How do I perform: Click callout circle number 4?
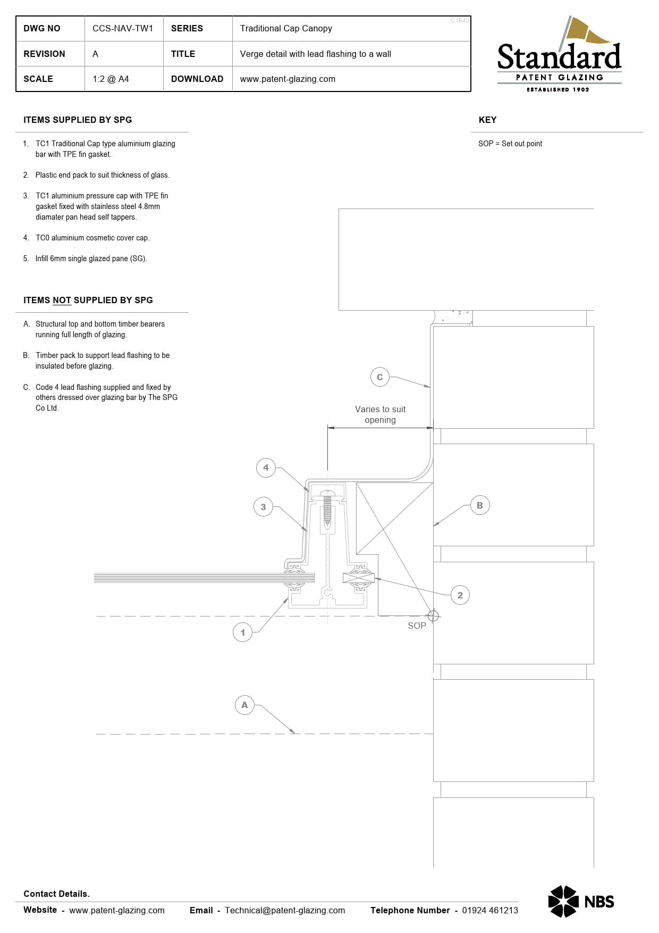coord(266,468)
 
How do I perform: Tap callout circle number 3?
coord(263,507)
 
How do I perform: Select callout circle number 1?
coord(243,632)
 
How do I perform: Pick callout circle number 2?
coord(460,595)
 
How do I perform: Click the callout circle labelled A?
coord(244,705)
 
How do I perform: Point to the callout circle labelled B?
coord(480,505)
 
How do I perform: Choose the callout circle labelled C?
coord(380,377)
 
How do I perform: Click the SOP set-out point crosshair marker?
coord(433,615)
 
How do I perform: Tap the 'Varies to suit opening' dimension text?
coord(380,414)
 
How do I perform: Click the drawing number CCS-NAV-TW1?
coord(123,29)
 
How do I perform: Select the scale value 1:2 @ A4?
coord(111,79)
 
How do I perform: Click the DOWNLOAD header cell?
coord(197,79)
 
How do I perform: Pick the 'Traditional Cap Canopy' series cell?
coord(286,29)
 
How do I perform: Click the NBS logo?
coord(581,901)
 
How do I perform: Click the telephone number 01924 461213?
coord(490,910)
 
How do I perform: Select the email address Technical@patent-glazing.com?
coord(285,910)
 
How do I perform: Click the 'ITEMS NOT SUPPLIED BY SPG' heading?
coord(88,300)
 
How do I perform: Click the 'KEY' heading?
coord(487,120)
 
